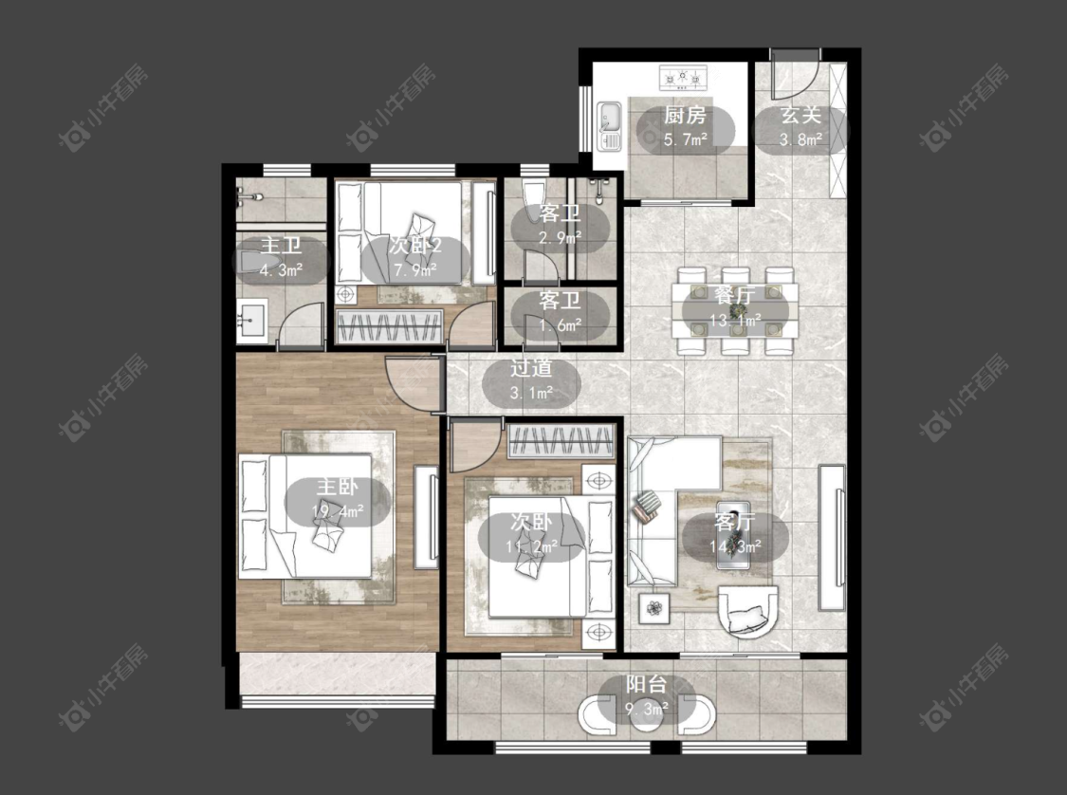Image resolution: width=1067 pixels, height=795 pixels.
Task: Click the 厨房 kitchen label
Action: (x=685, y=116)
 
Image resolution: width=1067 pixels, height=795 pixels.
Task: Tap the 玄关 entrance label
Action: (x=800, y=116)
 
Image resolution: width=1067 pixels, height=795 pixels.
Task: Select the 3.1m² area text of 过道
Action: (x=531, y=394)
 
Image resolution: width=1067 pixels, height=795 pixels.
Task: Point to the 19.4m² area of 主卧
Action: (x=337, y=511)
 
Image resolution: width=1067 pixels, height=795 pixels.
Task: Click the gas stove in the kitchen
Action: (x=683, y=79)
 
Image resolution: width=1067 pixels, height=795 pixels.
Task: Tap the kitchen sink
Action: (x=609, y=126)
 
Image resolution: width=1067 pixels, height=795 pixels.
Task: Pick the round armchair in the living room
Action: (x=748, y=611)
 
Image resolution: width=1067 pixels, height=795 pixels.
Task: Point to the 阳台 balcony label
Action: (x=646, y=684)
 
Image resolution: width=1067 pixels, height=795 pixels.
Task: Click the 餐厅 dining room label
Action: (x=735, y=296)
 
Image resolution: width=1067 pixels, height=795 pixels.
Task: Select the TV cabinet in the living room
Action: (x=832, y=537)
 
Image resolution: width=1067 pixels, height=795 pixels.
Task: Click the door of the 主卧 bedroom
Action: (x=409, y=383)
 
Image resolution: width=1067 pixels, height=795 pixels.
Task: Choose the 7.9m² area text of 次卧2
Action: (x=415, y=270)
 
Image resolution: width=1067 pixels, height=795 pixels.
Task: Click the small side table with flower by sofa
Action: (x=653, y=607)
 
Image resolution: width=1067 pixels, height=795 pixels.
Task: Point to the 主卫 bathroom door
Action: (x=300, y=325)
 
